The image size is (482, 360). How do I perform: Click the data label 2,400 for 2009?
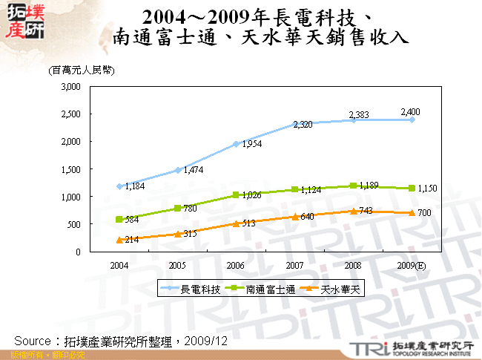tap(410, 111)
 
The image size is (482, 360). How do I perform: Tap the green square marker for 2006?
tap(236, 195)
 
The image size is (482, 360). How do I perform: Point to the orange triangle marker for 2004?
tap(119, 239)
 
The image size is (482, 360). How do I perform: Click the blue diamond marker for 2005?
tap(177, 170)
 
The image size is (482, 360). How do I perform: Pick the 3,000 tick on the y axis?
tap(70, 87)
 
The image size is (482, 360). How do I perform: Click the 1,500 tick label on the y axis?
tap(70, 169)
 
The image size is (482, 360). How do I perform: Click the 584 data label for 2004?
tap(131, 220)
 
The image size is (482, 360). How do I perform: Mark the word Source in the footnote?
tap(33, 341)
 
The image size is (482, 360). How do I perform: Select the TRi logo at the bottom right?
tap(366, 348)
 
